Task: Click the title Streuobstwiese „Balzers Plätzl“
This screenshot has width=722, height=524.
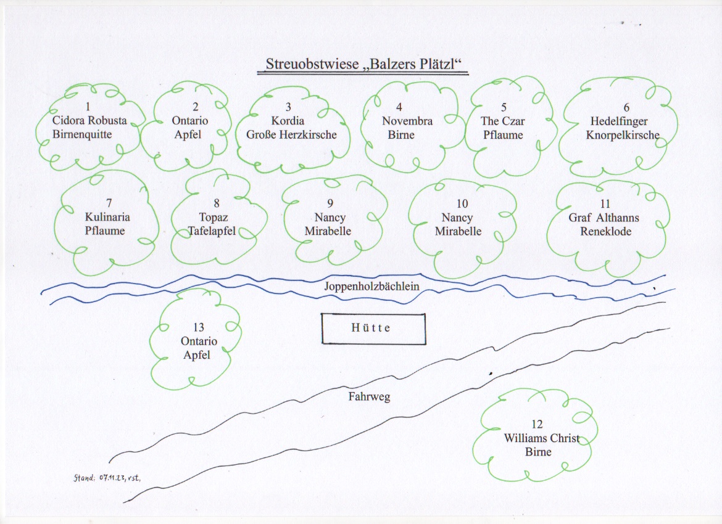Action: pos(363,64)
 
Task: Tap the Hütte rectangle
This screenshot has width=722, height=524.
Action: pos(373,328)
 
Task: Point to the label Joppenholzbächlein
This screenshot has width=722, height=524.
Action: pos(371,286)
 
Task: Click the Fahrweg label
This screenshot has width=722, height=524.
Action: pos(370,397)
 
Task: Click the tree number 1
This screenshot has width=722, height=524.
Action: pos(88,107)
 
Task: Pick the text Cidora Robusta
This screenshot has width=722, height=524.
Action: pos(89,120)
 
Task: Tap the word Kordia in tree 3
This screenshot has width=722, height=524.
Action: pos(288,121)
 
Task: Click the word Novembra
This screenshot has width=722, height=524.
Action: pos(407,121)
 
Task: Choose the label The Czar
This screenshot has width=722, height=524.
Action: pos(503,121)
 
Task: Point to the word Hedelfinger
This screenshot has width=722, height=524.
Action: pos(619,121)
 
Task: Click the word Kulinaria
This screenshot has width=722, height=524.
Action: pos(108,217)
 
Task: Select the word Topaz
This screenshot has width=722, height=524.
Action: pos(214,217)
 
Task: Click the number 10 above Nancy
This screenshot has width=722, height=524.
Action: pos(462,203)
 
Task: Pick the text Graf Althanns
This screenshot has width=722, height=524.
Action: pos(604,218)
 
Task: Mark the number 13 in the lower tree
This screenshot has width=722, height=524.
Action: pos(198,327)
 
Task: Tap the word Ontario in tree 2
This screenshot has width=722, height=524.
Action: pos(190,121)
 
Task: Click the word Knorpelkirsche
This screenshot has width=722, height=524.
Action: pos(623,135)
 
